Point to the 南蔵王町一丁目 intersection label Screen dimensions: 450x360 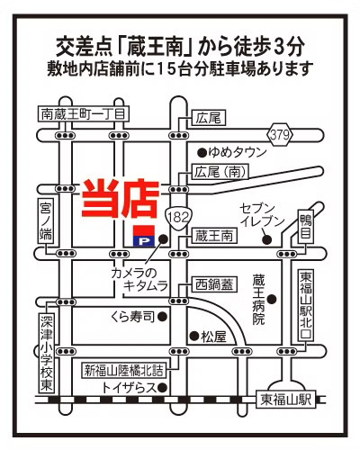click(85, 114)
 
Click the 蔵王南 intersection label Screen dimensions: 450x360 click(214, 235)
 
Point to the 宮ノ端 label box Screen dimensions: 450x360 click(46, 220)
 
